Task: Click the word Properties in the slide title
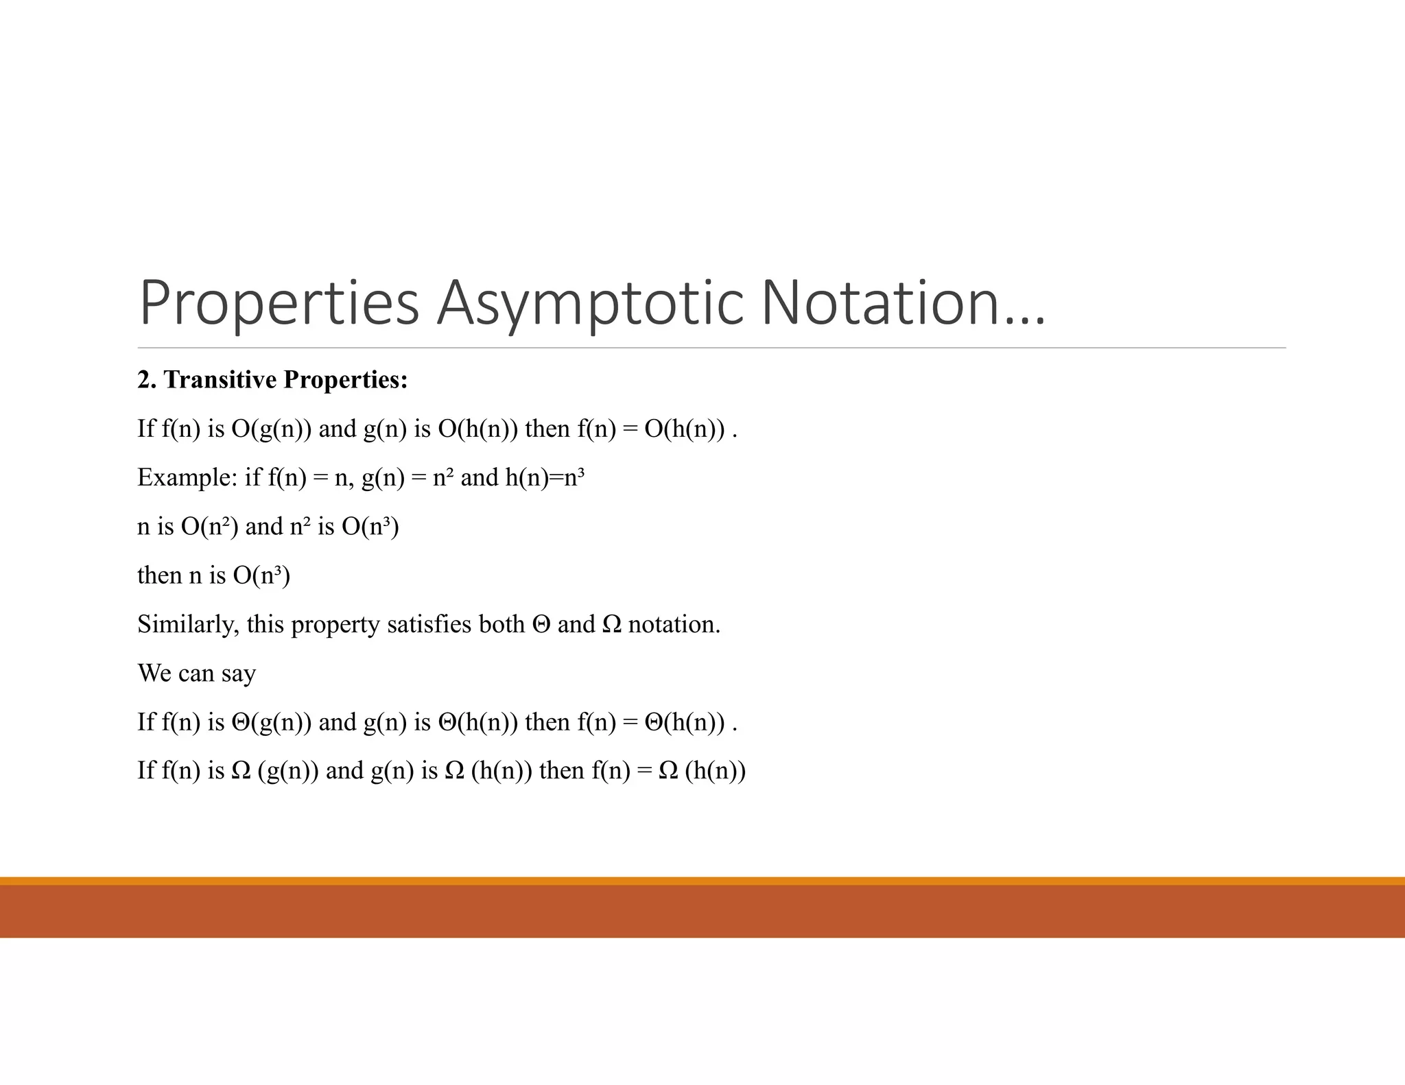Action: [279, 303]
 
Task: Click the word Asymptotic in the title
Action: [590, 303]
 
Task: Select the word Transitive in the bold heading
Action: [220, 379]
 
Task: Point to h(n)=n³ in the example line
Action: [545, 477]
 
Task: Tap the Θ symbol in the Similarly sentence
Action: [541, 624]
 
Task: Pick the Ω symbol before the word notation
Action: [611, 624]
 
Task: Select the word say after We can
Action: [238, 673]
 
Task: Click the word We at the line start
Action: [154, 673]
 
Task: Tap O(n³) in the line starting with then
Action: [261, 575]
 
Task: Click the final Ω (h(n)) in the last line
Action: [702, 771]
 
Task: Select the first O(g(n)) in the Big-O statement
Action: [271, 429]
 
